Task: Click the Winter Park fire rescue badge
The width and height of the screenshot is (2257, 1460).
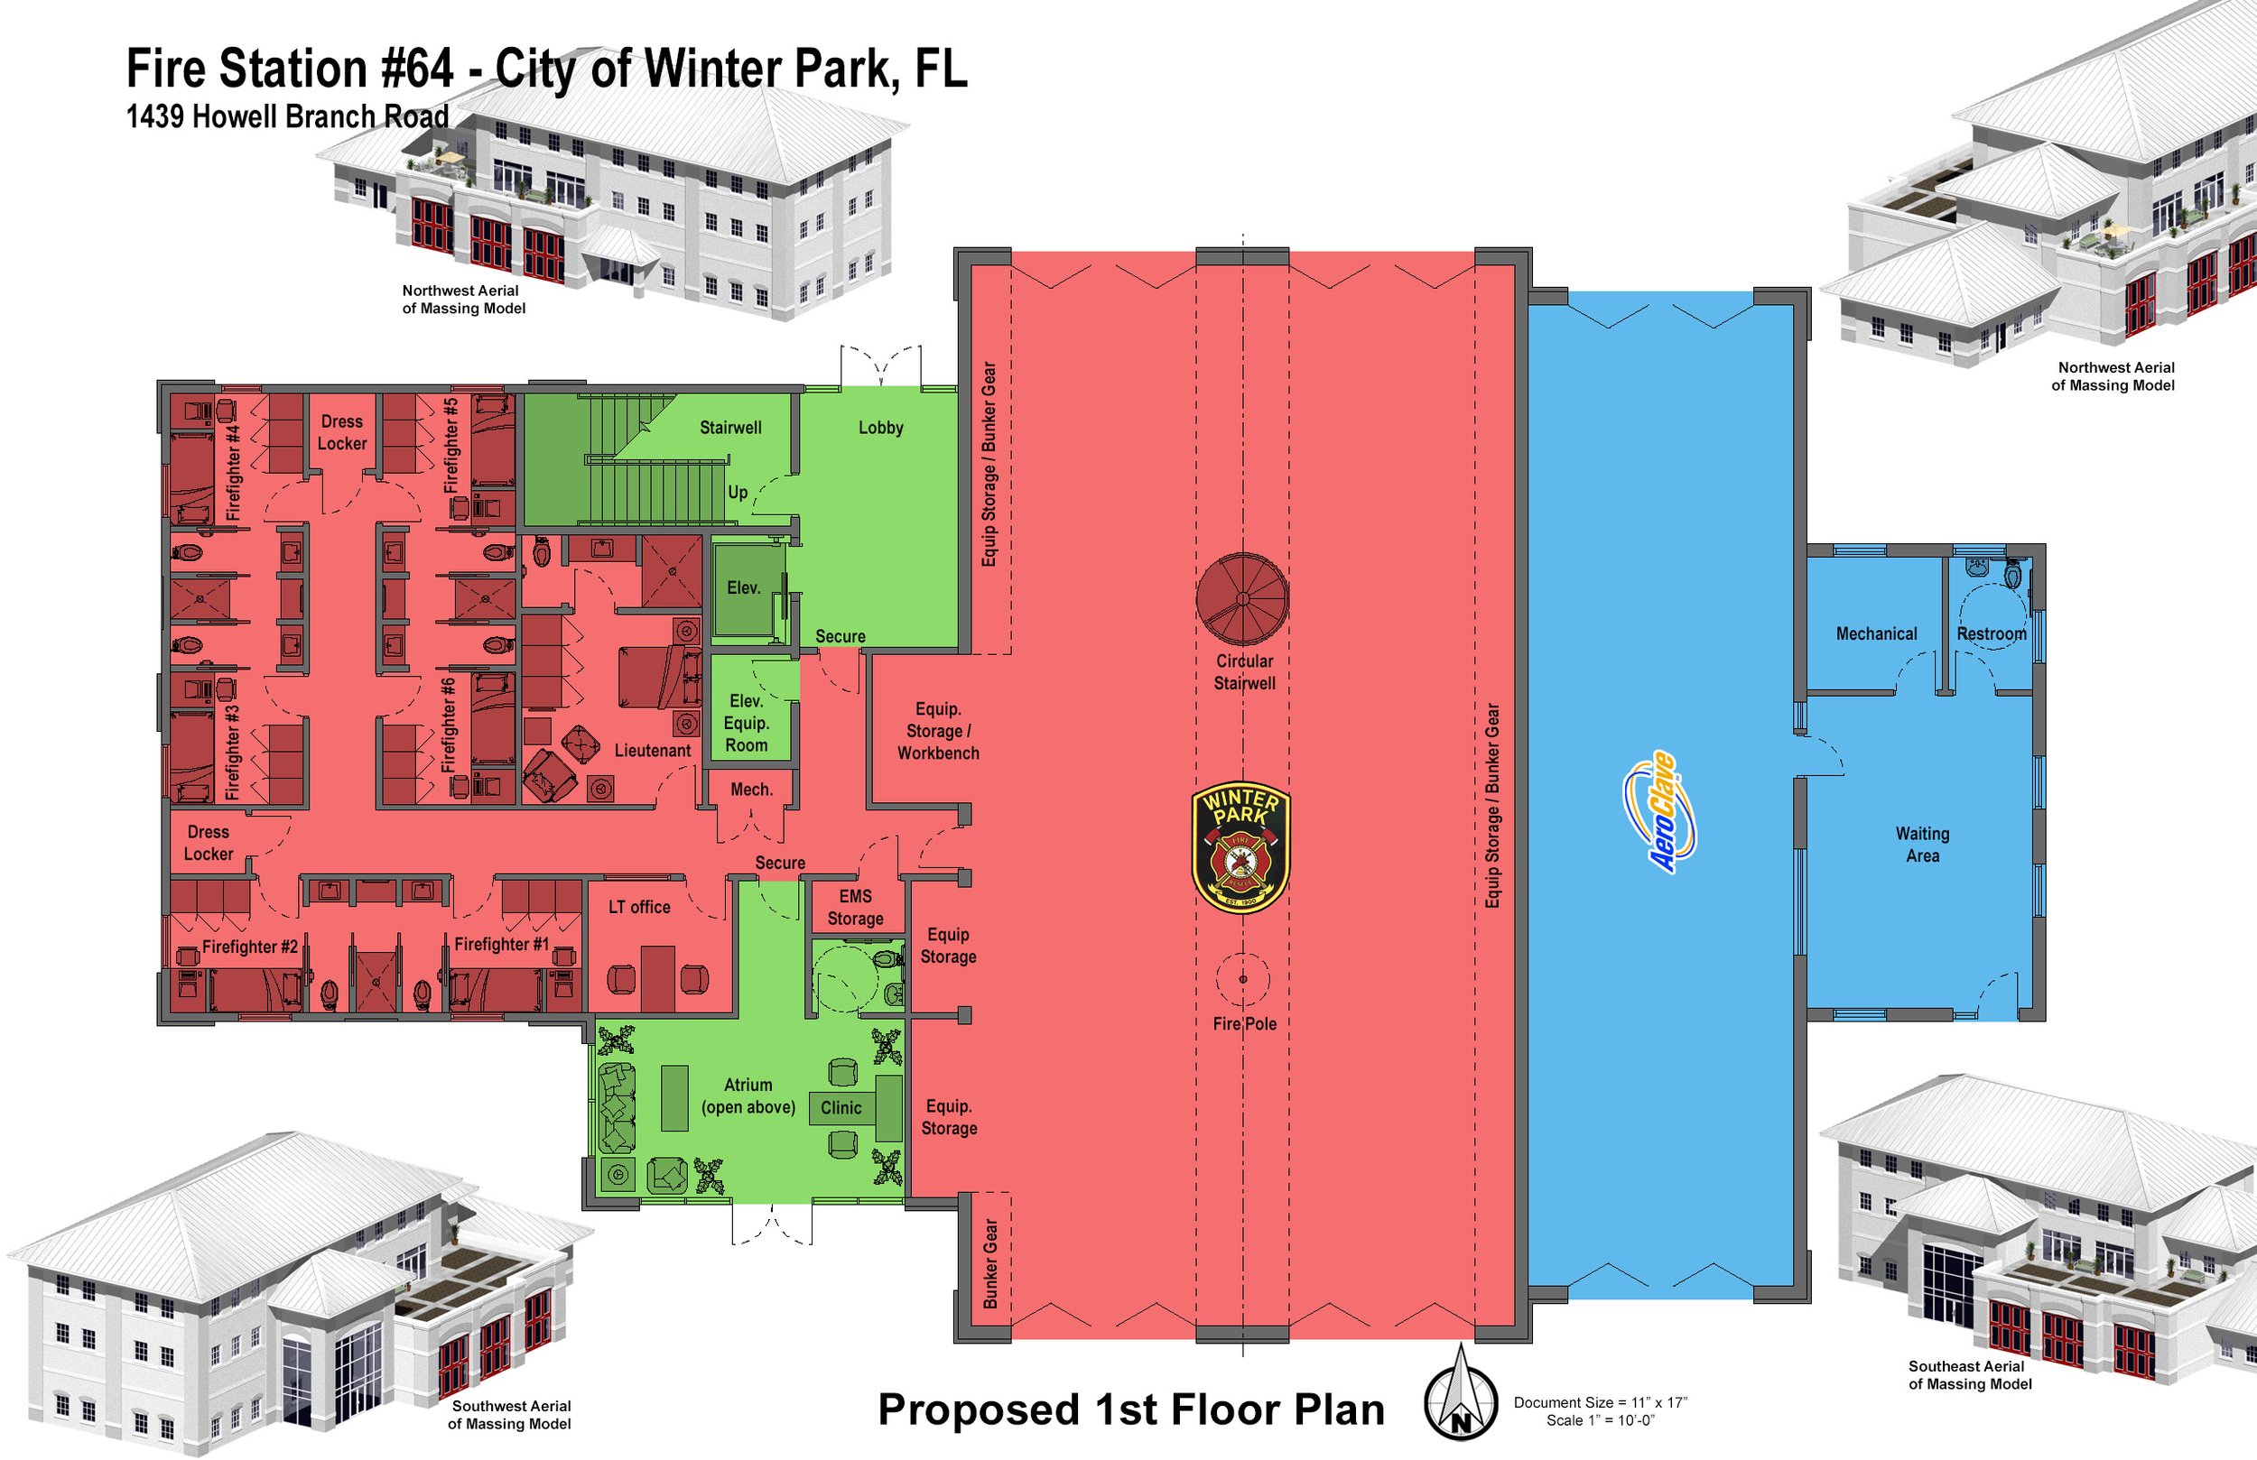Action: pyautogui.click(x=1240, y=846)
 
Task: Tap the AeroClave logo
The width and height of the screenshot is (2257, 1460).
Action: pyautogui.click(x=1660, y=811)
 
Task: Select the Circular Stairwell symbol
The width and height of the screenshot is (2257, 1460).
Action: pyautogui.click(x=1241, y=598)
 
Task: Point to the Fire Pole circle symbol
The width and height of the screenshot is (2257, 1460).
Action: pyautogui.click(x=1242, y=979)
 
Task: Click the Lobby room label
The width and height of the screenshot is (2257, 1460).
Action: pyautogui.click(x=880, y=428)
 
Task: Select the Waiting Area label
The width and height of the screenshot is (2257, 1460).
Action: pyautogui.click(x=1922, y=844)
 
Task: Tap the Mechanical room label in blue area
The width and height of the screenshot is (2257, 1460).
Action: pyautogui.click(x=1876, y=633)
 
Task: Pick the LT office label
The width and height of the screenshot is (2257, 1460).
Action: pyautogui.click(x=639, y=907)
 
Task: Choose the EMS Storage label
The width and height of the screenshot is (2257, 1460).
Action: pyautogui.click(x=855, y=907)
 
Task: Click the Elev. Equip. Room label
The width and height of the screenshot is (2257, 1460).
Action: pyautogui.click(x=747, y=723)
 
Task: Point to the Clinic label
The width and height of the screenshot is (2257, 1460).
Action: pyautogui.click(x=841, y=1107)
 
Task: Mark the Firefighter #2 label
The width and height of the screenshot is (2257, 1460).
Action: pyautogui.click(x=249, y=947)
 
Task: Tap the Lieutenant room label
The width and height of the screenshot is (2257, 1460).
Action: pyautogui.click(x=653, y=750)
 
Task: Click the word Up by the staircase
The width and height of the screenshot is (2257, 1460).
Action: pyautogui.click(x=737, y=492)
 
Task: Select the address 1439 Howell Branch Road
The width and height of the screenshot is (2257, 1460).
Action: pyautogui.click(x=287, y=116)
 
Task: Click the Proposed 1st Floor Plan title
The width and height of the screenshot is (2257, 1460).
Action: pyautogui.click(x=1130, y=1409)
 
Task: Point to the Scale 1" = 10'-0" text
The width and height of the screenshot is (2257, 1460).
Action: pyautogui.click(x=1600, y=1420)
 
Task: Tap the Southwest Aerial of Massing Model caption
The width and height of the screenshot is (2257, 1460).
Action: pyautogui.click(x=510, y=1415)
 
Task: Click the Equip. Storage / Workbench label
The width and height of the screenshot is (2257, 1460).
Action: pyautogui.click(x=938, y=731)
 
